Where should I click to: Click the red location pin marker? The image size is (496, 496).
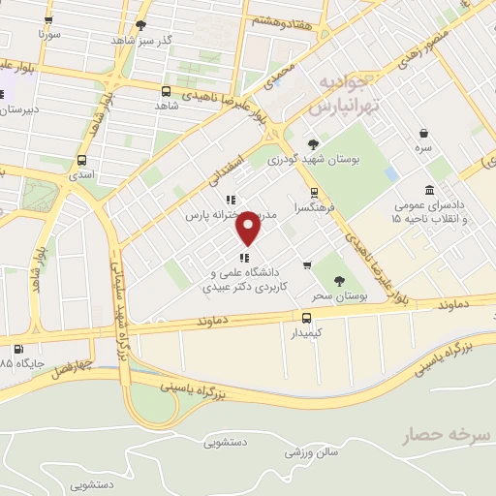click(249, 228)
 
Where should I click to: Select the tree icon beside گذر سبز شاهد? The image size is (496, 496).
click(141, 26)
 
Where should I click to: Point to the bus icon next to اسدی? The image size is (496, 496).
click(81, 161)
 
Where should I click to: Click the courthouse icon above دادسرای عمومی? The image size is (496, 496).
click(429, 190)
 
